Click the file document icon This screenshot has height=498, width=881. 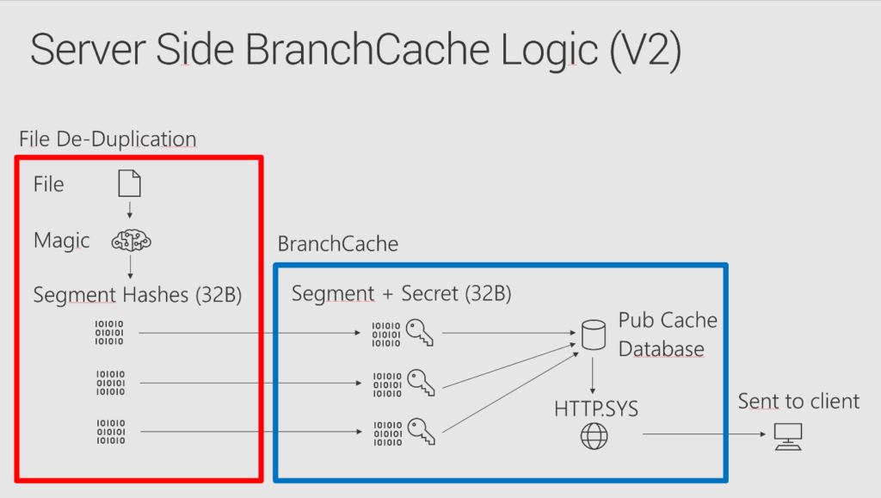tap(129, 183)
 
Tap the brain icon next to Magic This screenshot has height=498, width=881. tap(131, 241)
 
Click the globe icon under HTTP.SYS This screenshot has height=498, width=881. tap(594, 436)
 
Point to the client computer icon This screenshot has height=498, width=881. tap(787, 437)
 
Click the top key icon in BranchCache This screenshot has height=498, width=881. tap(420, 333)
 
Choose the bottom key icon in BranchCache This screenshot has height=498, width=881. tap(420, 430)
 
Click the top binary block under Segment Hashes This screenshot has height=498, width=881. tap(110, 333)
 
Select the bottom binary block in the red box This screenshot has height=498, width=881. tap(110, 431)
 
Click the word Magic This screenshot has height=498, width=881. tap(61, 240)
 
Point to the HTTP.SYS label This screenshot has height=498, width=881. tap(595, 407)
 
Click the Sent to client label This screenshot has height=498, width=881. tap(798, 401)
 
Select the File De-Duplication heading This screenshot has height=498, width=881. tap(108, 138)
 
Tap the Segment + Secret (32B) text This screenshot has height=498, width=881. tap(401, 293)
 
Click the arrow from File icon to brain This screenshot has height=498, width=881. tap(129, 211)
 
